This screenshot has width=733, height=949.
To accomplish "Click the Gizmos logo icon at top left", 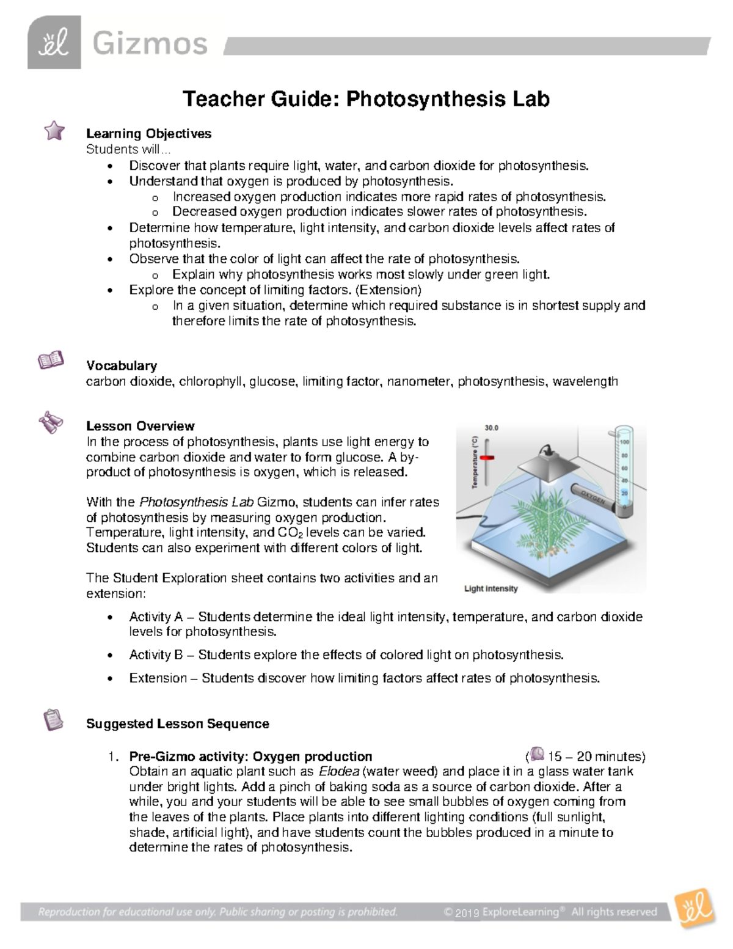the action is (x=54, y=43).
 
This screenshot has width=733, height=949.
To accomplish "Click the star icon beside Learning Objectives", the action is (x=54, y=130).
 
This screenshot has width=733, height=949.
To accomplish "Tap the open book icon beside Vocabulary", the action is (x=51, y=361).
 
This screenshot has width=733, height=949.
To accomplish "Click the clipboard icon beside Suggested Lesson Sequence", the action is (x=53, y=719).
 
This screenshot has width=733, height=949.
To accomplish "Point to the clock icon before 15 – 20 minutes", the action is (x=537, y=754).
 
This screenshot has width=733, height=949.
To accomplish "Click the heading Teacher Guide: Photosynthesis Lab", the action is (x=366, y=99).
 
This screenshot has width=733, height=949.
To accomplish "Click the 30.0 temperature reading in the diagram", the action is (x=492, y=428).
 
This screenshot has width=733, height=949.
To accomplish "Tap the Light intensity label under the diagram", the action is (x=490, y=588).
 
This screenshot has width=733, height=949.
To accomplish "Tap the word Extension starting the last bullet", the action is (x=158, y=678).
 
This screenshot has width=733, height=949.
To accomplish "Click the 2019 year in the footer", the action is (x=467, y=913).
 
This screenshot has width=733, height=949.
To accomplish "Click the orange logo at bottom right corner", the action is (x=695, y=907).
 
